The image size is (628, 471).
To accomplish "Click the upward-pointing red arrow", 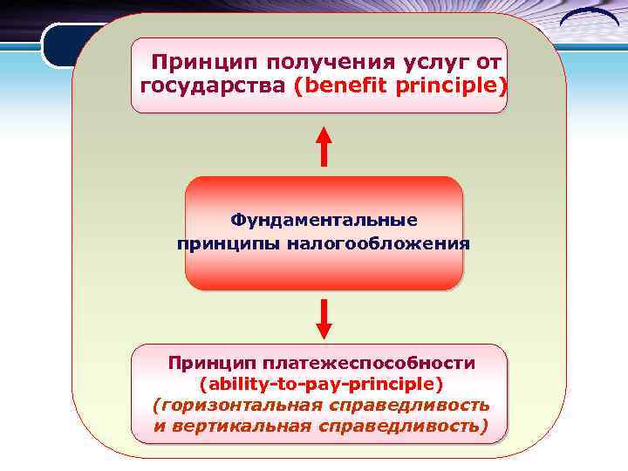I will (324, 146).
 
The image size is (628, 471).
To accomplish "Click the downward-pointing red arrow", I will (324, 318).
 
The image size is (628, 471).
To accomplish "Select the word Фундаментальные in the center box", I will (324, 220).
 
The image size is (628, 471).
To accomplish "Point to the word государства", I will (214, 87).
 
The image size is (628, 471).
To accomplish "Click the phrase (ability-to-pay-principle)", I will (322, 384).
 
